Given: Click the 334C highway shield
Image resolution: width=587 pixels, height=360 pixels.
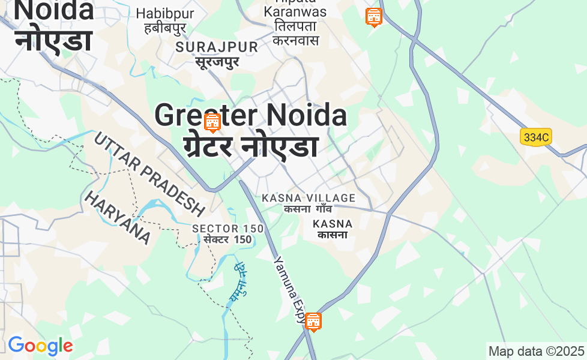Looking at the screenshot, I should (x=536, y=137).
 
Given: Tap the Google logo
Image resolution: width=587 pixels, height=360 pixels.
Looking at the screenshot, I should (x=40, y=346).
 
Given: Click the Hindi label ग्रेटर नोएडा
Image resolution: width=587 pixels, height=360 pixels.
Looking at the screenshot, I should (x=250, y=146).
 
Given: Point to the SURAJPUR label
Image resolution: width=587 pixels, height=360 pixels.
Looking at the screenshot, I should (x=217, y=47).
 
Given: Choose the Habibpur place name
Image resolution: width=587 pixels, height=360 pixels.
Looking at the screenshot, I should (x=161, y=13).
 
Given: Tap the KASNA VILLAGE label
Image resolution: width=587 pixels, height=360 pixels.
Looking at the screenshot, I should (x=309, y=198).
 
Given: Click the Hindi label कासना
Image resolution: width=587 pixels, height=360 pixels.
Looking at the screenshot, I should (x=333, y=235).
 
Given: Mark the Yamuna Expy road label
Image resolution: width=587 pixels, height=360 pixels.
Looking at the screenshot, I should (x=290, y=289).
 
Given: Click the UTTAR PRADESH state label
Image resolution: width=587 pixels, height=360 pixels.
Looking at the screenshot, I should (x=149, y=174).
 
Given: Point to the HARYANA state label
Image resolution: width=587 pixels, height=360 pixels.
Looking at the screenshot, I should (x=118, y=217).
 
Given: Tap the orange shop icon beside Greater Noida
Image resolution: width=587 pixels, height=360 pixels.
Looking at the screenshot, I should (x=212, y=122).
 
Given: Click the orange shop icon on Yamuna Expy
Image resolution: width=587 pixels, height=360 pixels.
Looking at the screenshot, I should (x=313, y=322).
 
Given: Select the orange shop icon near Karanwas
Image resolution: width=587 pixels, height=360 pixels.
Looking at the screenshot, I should (x=373, y=17).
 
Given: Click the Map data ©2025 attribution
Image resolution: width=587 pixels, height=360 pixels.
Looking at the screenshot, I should (x=536, y=351).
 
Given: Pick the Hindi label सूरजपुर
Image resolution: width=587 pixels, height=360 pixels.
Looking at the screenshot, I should (x=216, y=61).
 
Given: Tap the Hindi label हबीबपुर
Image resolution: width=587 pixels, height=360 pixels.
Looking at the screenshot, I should (x=161, y=28).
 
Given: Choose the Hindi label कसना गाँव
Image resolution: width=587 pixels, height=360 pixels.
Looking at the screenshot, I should (x=309, y=209).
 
